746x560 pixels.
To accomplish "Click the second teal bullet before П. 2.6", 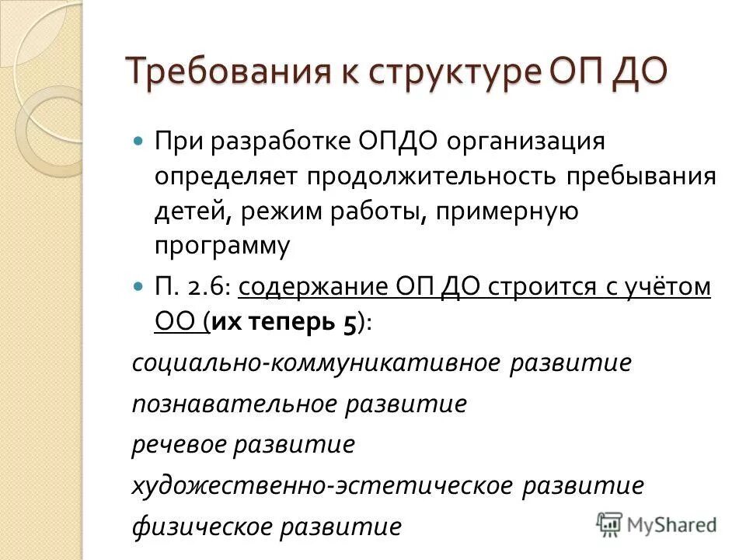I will (139, 287).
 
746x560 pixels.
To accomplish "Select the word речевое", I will (183, 444).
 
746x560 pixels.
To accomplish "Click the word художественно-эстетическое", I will (322, 485).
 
